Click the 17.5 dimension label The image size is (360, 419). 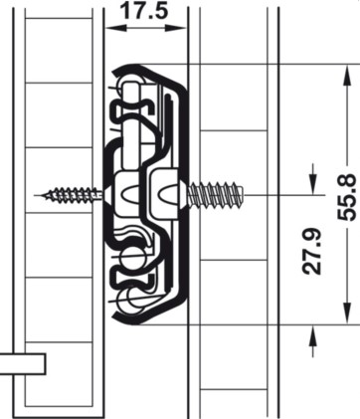144,11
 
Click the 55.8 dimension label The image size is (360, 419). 347,198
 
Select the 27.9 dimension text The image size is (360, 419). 312,251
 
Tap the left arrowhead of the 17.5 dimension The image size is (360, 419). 116,29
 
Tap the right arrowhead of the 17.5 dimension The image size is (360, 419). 176,29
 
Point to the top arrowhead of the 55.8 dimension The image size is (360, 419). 347,76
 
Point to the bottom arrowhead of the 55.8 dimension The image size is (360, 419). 347,313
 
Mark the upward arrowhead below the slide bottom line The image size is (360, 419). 313,335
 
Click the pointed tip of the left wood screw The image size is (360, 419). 35,195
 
